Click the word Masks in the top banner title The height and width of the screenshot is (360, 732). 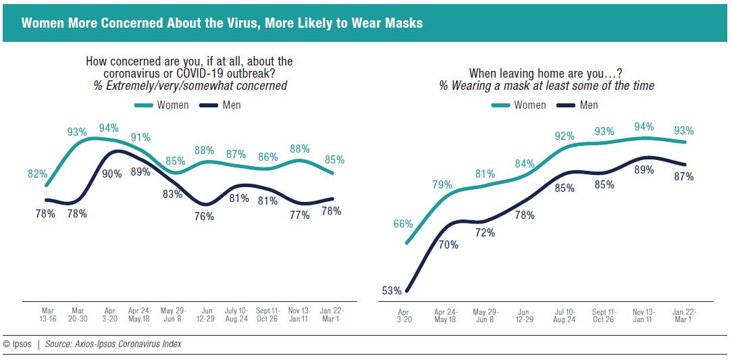coord(403,23)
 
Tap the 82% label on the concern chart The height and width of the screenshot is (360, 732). coord(37,174)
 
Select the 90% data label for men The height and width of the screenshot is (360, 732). coord(112,174)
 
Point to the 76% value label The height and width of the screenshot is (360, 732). coord(204,216)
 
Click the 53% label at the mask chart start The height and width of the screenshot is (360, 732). coord(391,291)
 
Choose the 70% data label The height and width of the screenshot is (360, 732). coord(448,245)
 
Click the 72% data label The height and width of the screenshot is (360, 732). coord(485,232)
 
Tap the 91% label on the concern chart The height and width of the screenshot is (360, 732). coord(141,137)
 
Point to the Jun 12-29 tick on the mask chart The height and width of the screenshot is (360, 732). coord(525,315)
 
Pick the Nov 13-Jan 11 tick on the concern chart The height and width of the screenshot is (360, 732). coord(299,314)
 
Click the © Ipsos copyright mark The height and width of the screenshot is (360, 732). coord(17,344)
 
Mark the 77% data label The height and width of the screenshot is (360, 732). coord(299,215)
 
